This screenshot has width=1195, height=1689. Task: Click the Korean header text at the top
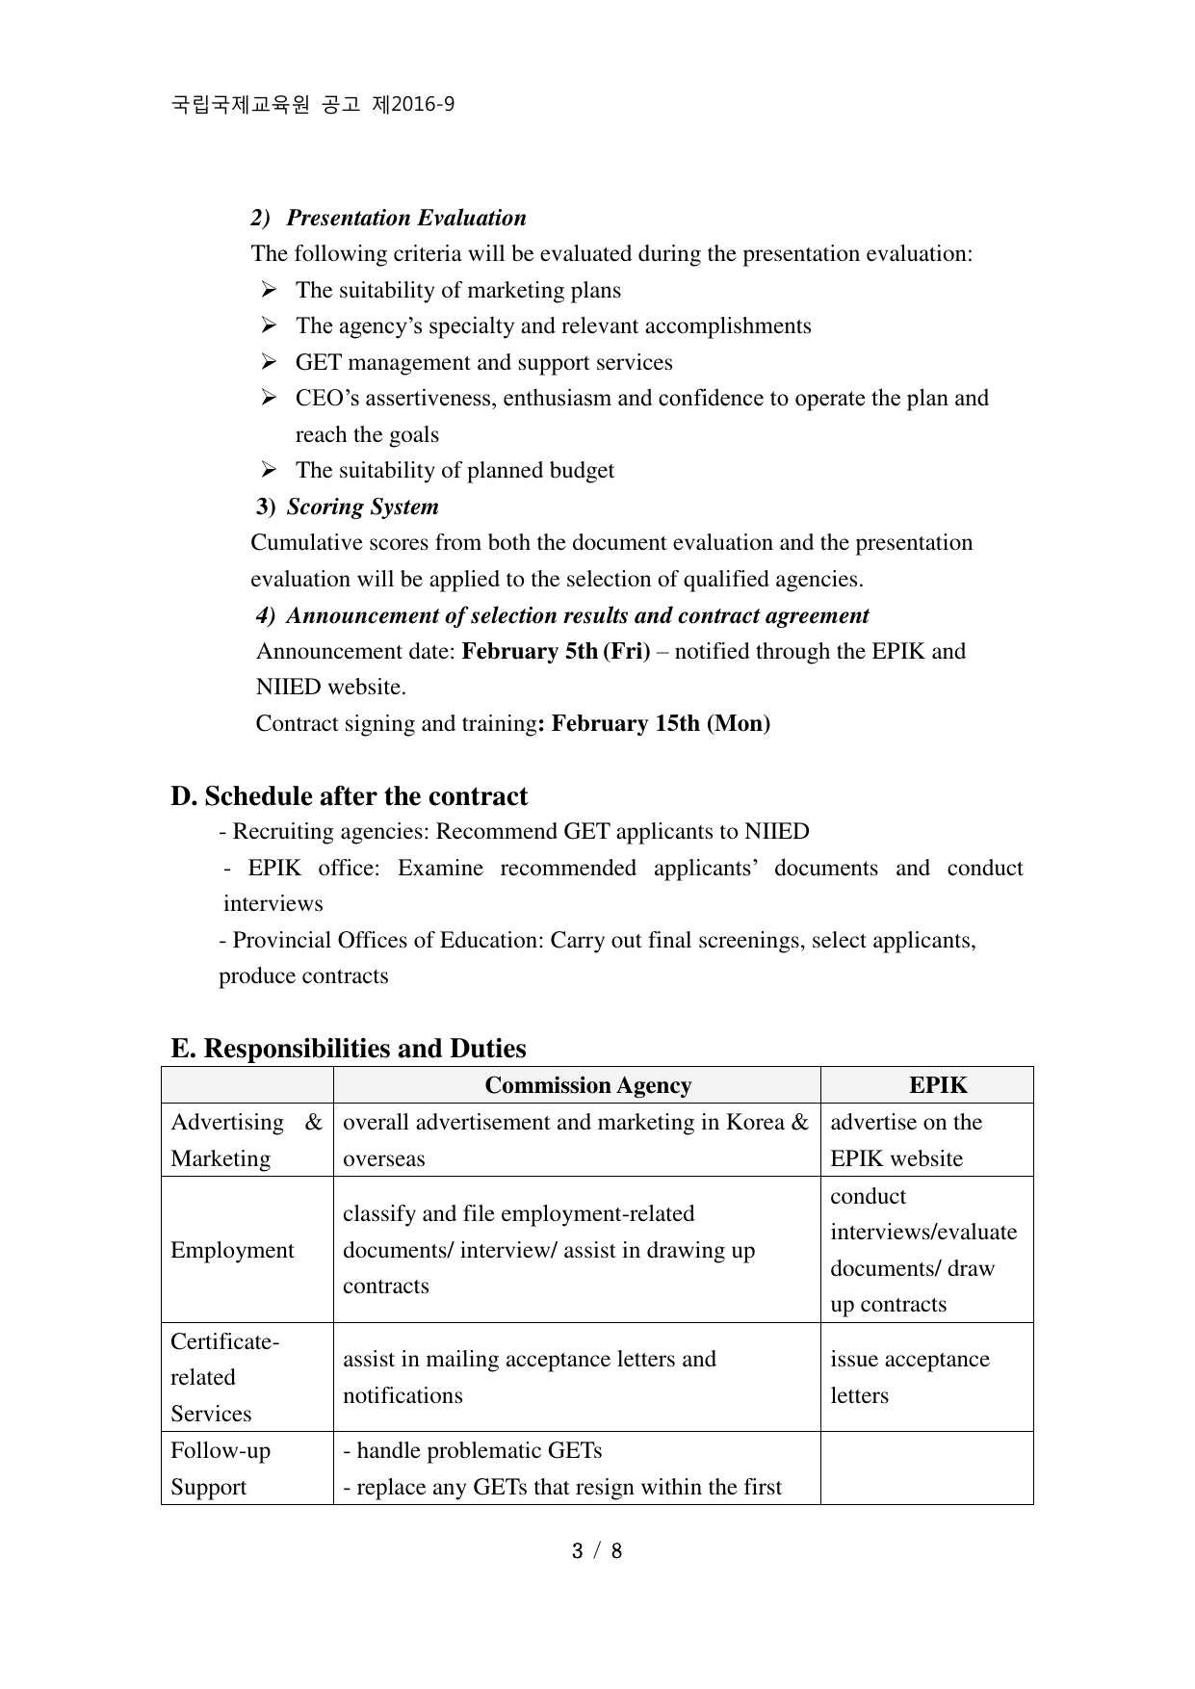[x=313, y=105]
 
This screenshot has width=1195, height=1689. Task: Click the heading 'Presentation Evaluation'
[x=405, y=218]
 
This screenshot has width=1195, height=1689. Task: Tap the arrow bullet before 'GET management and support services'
[x=269, y=362]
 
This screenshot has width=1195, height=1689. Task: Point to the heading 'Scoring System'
[x=362, y=507]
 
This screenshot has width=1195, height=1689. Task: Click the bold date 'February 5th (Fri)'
[x=556, y=651]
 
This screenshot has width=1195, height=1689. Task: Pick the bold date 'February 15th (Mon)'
[x=661, y=723]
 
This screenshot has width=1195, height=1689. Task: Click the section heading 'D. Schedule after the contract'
[x=350, y=796]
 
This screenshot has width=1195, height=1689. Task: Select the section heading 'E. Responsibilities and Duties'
[x=349, y=1049]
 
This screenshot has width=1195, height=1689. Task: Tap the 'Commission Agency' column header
[x=587, y=1085]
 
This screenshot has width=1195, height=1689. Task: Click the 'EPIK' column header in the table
[x=938, y=1085]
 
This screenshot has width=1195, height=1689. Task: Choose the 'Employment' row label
[x=232, y=1250]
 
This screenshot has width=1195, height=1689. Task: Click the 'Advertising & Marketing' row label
[x=246, y=1140]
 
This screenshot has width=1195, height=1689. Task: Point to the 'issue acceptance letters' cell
[x=909, y=1377]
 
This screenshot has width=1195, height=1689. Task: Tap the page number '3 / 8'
[x=597, y=1551]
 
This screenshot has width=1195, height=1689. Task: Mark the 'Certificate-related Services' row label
[x=224, y=1377]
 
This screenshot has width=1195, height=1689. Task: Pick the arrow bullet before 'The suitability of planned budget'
[x=269, y=470]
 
